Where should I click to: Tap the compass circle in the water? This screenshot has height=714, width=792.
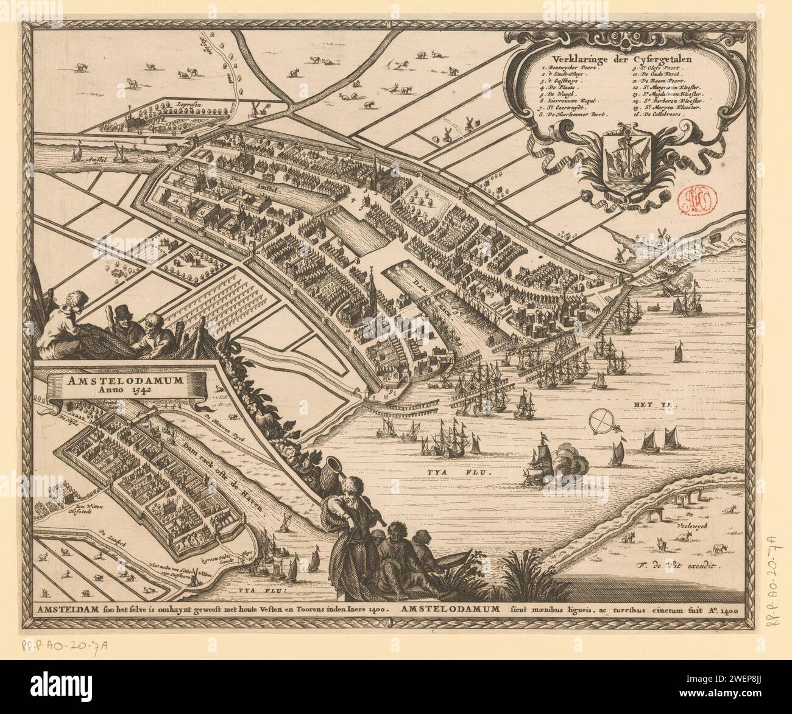pos(602,421)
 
